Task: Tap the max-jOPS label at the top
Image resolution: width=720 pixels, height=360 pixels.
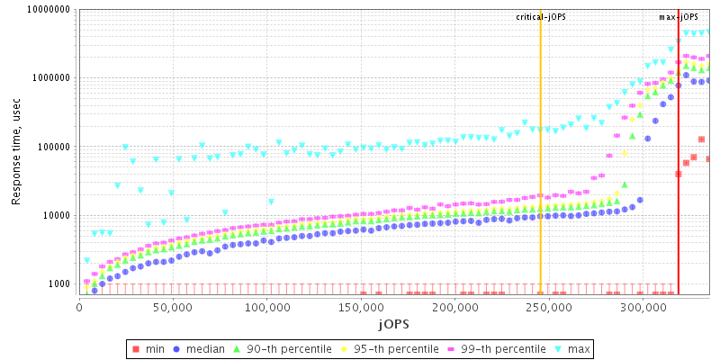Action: coord(679,17)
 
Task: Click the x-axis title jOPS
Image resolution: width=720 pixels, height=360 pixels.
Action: coord(393,323)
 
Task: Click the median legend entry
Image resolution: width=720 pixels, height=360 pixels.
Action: coord(202,348)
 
